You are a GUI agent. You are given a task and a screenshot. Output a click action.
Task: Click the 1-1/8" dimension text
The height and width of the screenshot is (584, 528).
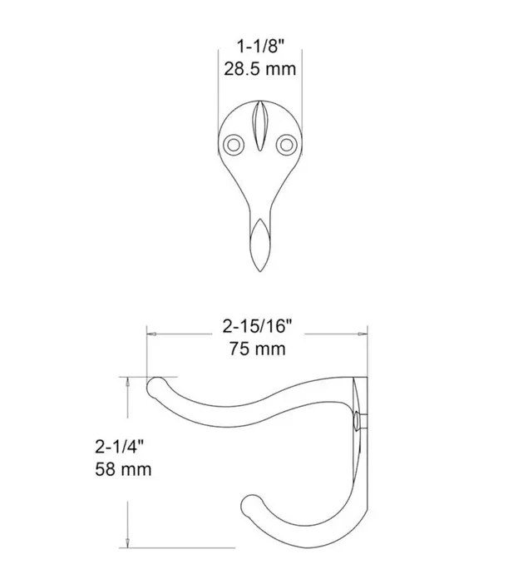click(260, 47)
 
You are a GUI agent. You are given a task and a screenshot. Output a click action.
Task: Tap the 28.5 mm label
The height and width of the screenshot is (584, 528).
click(259, 69)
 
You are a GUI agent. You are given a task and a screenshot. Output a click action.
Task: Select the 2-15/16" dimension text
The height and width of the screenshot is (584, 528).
click(257, 327)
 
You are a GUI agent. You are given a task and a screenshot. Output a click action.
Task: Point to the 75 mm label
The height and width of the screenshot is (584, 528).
click(257, 349)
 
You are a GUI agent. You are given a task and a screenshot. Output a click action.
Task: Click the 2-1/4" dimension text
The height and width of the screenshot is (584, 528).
click(119, 447)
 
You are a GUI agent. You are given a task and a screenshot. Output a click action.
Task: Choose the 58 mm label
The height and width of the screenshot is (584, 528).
click(123, 469)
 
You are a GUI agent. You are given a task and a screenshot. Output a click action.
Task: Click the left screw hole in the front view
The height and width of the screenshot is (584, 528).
click(234, 145)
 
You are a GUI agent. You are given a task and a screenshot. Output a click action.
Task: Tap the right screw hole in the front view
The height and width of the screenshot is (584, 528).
click(286, 145)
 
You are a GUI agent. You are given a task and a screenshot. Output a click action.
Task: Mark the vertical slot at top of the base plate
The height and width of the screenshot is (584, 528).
click(260, 126)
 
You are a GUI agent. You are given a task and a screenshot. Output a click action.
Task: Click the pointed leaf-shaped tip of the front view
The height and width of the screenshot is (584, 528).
click(260, 245)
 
